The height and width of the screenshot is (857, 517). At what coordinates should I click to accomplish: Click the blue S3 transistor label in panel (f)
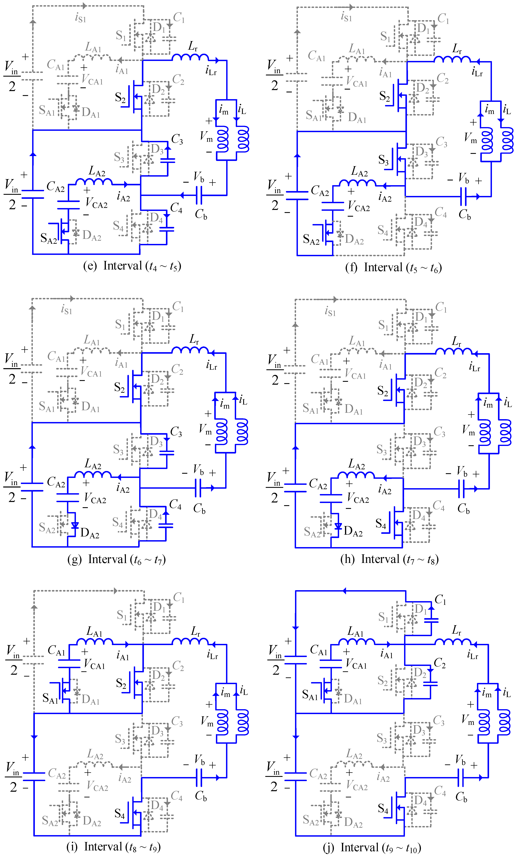pyautogui.click(x=384, y=160)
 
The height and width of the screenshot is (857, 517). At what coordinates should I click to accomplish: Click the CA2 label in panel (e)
pyautogui.click(x=56, y=187)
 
